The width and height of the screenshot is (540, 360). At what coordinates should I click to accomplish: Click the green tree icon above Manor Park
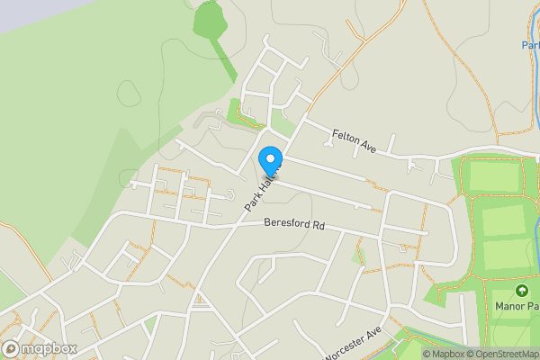pos(521,290)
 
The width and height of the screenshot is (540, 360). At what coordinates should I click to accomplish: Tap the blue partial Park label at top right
pos(530,45)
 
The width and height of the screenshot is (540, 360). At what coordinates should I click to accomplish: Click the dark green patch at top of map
pos(210,20)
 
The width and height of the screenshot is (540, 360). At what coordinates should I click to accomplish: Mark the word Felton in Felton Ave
pos(346,136)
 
